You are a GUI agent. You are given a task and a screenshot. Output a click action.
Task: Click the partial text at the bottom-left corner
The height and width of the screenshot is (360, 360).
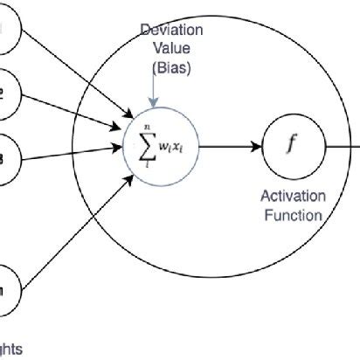pos(12,348)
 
